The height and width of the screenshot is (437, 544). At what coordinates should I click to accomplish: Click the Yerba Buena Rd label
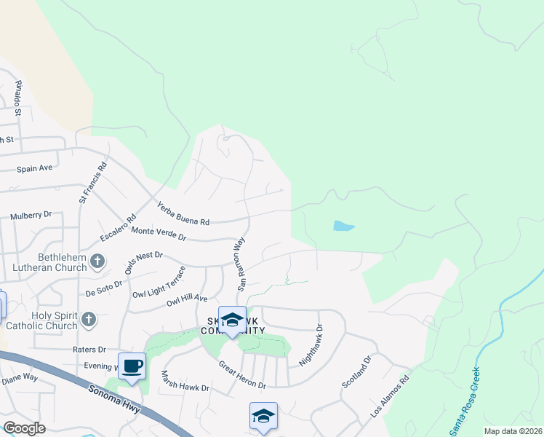coord(183,214)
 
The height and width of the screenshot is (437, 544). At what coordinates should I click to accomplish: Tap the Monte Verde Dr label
coord(159,234)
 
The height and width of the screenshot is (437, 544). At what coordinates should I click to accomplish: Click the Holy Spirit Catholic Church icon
coord(88,319)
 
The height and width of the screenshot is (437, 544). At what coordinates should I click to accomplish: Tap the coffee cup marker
coord(132,366)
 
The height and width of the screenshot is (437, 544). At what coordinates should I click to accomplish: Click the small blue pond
coord(343,226)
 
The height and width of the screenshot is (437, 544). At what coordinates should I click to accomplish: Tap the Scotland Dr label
coord(357,371)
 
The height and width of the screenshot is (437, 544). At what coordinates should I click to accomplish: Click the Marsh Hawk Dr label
coord(185,382)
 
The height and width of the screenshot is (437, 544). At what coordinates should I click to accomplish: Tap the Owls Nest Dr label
coord(143,263)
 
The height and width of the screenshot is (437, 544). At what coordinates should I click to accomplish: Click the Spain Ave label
coord(35,168)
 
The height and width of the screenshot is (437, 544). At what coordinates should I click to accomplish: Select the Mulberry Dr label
coord(31,216)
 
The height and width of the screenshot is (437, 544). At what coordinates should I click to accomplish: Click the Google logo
coord(23,428)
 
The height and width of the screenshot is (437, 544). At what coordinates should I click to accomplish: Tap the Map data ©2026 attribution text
coord(513,431)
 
